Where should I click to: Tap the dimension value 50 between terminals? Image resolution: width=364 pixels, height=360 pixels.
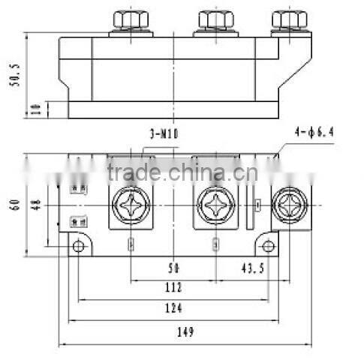point(175,268)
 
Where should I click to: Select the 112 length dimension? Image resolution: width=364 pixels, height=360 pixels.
point(175,287)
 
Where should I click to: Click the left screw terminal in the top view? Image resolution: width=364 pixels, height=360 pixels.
point(130,205)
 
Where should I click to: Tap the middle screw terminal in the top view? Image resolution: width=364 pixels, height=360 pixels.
point(216,205)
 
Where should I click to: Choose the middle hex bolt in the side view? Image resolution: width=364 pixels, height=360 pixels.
point(216,20)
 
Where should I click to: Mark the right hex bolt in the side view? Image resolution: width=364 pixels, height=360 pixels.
point(287,20)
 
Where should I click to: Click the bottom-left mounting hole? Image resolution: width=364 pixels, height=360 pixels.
point(78,246)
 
